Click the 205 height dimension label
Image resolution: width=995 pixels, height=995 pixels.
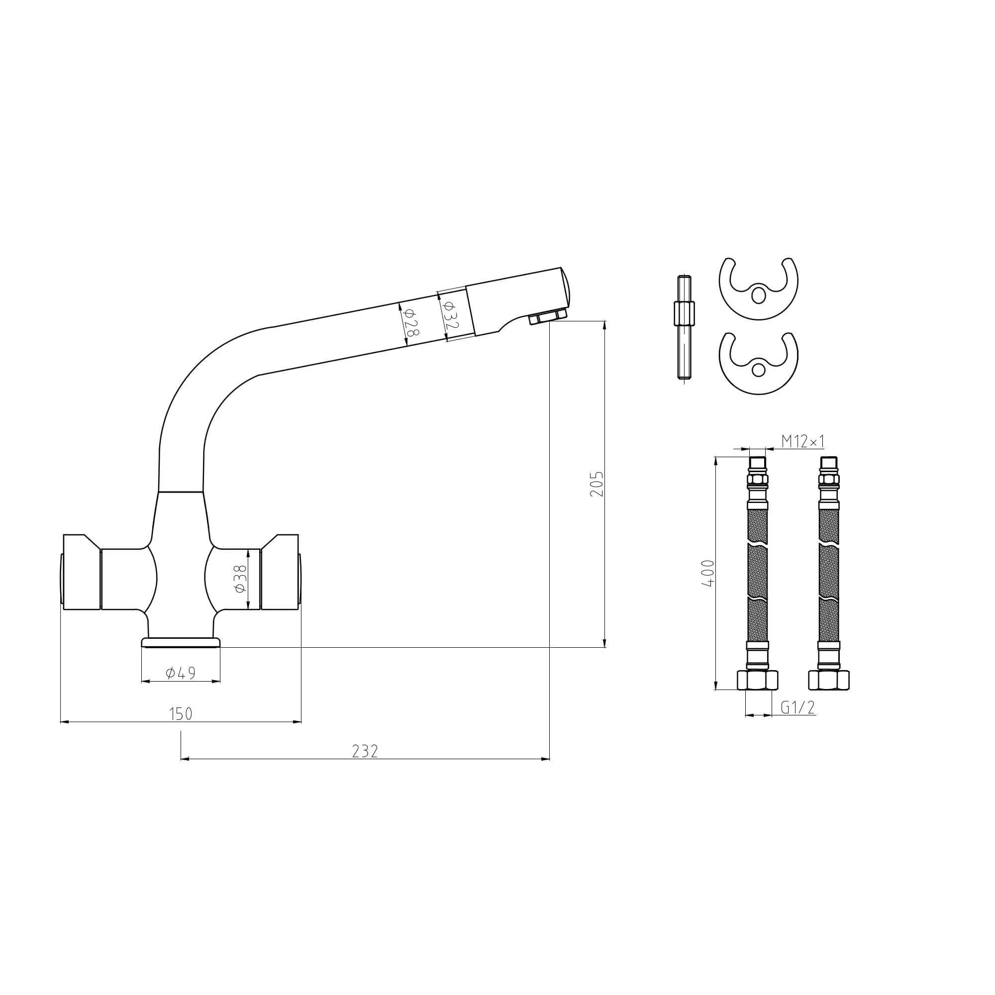coord(597,484)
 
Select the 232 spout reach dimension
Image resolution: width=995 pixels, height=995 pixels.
coord(365,751)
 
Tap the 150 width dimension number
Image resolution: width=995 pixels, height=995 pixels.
coord(181,714)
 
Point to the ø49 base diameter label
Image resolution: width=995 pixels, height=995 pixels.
coord(181,673)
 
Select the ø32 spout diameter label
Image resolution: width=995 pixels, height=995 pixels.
coord(450,315)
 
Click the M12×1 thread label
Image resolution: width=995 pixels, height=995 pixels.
coord(803,441)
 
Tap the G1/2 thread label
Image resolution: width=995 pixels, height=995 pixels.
coord(798,707)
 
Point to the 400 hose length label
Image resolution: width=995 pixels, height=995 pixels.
coord(709,573)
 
